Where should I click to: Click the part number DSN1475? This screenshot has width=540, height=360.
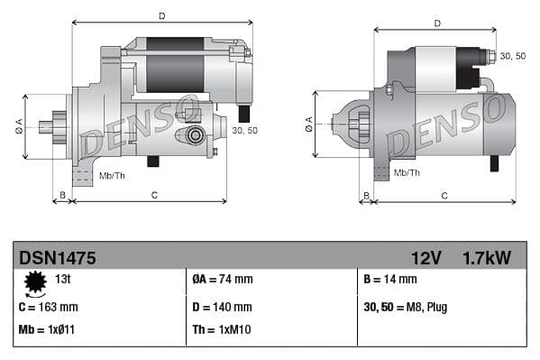coord(57,257)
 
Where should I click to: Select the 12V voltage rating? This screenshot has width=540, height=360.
coord(426,257)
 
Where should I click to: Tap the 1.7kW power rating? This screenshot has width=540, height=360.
coord(487,257)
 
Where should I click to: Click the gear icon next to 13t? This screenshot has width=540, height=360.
coord(35,283)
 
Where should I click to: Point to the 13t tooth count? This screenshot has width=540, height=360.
coord(64,280)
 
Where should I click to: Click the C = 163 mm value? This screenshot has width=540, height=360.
coord(48,307)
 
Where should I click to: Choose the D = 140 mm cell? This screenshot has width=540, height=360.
coord(222,307)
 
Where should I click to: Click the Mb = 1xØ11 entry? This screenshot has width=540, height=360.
coord(45,329)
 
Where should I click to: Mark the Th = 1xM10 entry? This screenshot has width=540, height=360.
coord(222,329)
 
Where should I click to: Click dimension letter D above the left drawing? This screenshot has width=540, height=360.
coord(161,15)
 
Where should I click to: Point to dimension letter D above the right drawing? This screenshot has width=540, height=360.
coord(436,23)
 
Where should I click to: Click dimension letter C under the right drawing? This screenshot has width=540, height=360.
coord(444,195)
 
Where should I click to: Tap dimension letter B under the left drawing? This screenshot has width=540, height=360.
coord(62,195)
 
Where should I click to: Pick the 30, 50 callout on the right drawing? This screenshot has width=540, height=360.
coord(512,56)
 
